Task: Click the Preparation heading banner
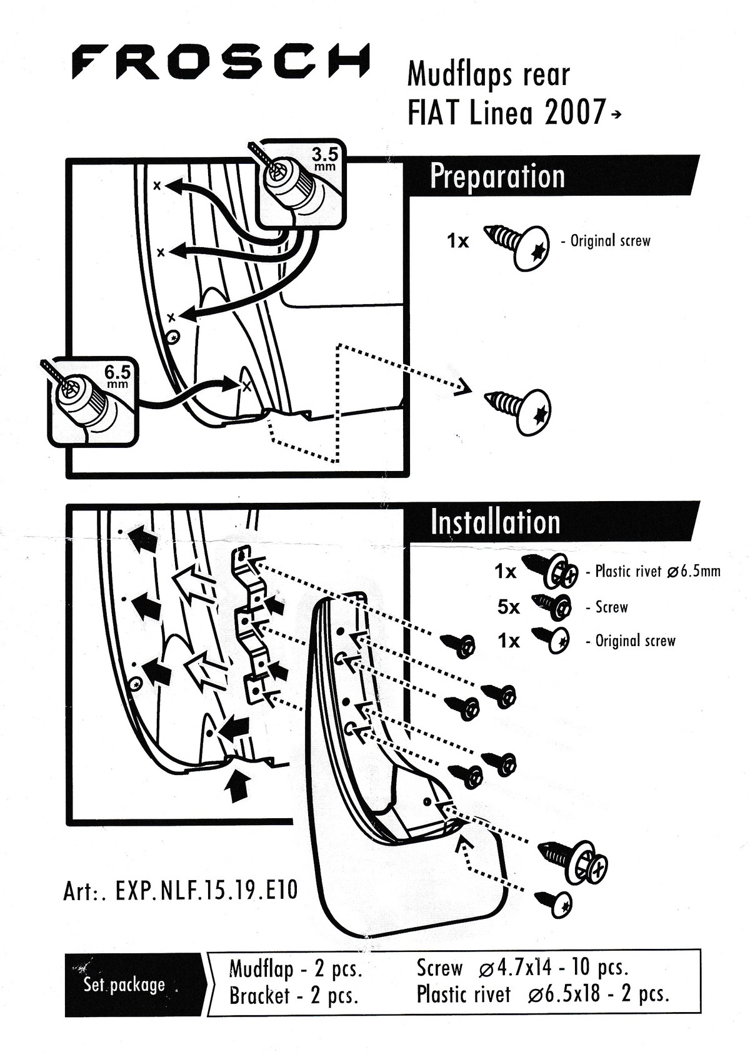497,176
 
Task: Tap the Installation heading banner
495,522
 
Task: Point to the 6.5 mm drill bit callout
94,400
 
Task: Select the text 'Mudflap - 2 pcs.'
296,969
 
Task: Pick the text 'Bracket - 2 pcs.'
294,995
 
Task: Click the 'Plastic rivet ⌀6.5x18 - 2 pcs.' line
542,994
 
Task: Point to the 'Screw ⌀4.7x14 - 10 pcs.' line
522,968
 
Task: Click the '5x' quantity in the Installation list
508,607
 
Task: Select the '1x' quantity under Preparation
457,241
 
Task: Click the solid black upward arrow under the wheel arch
236,785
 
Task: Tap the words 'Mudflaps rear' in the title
488,74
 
